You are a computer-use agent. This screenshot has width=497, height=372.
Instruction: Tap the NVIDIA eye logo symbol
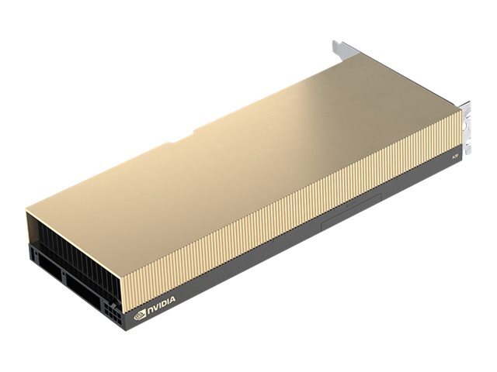click(141, 314)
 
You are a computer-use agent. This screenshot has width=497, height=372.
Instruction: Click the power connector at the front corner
click(114, 319)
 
